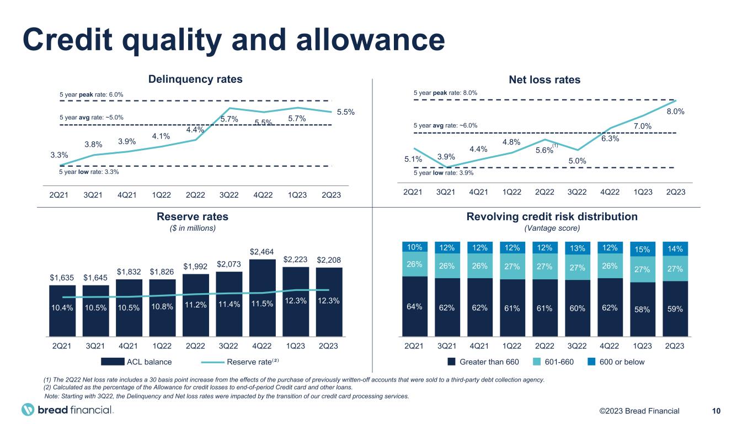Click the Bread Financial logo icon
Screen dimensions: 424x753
28,410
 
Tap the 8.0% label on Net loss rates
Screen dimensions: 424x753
676,111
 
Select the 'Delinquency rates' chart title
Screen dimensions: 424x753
196,79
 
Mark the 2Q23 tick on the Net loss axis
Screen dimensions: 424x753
675,192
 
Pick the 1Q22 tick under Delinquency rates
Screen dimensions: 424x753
162,195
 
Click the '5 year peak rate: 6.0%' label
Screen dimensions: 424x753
91,95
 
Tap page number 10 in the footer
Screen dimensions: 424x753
717,410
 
